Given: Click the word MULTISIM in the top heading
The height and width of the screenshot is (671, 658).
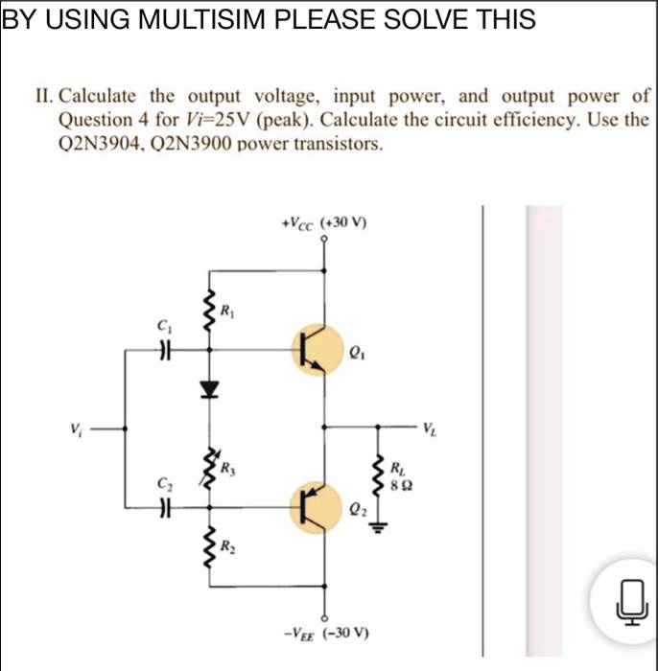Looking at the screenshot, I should (193, 20).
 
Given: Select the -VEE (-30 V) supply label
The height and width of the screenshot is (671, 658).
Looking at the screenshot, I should (325, 634).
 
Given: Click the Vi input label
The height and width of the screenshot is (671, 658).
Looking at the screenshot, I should (75, 428).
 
